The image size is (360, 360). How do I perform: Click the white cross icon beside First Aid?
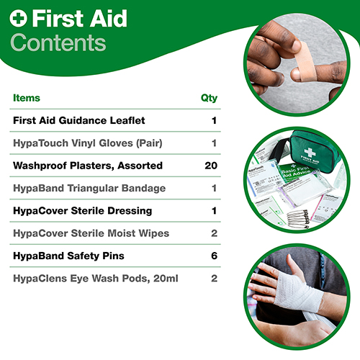[x=18, y=18]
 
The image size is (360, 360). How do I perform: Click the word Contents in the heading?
[x=58, y=42]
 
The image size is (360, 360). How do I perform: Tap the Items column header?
[x=27, y=98]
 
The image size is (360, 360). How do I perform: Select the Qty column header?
[x=209, y=98]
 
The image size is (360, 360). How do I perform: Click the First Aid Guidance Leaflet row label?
[x=79, y=120]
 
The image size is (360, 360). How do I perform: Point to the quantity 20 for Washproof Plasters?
[x=211, y=166]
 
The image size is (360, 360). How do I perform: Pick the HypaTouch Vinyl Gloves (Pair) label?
[x=88, y=143]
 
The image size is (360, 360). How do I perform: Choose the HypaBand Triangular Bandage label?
[x=89, y=188]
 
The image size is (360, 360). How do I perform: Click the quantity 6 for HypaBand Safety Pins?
[x=215, y=256]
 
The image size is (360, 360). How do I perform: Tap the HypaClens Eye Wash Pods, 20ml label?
[x=96, y=279]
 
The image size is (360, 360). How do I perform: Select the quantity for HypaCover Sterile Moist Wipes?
[x=215, y=233]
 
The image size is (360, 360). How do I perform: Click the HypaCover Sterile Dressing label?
[x=83, y=211]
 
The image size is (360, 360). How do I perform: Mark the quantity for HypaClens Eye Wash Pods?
[x=215, y=278]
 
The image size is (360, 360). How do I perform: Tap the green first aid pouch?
[x=315, y=153]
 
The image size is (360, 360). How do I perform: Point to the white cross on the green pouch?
[x=310, y=152]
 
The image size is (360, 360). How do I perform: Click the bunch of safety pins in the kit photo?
[x=298, y=217]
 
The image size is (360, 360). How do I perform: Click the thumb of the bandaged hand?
[x=294, y=265]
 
